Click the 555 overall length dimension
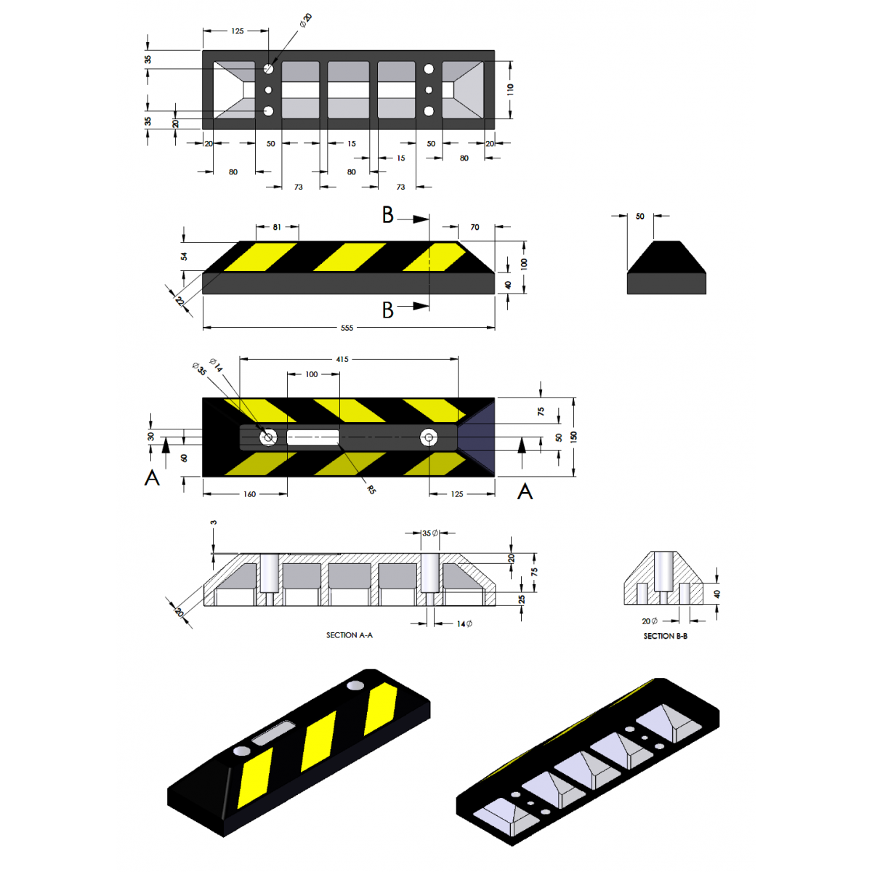coord(346,328)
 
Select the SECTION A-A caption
coord(349,635)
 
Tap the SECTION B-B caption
coord(665,636)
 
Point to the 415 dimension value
coord(342,359)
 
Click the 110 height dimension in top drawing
coord(510,89)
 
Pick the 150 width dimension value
coord(573,437)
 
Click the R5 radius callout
coord(371,489)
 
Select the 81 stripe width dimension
coord(276,227)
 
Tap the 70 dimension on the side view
coord(475,227)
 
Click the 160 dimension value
coord(249,494)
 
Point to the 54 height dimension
coord(184,256)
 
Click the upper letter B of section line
coord(388,215)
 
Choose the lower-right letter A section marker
coord(525,491)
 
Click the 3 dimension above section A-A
coord(213,522)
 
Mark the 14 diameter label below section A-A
coord(464,623)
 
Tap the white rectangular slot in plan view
coord(312,437)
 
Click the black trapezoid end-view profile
coord(666,267)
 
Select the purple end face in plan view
coord(477,437)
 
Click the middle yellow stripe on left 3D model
coord(318,740)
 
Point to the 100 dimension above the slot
coord(311,374)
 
